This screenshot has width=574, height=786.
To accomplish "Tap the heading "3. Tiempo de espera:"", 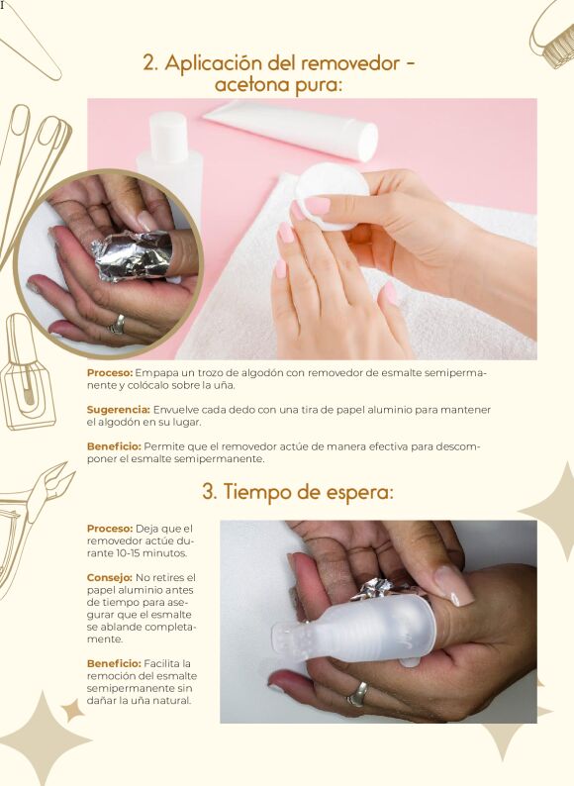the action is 298,492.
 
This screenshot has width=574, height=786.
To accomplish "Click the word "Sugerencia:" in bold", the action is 119,410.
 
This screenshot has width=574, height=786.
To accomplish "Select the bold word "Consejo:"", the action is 109,577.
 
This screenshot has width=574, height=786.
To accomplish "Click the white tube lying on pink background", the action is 291,131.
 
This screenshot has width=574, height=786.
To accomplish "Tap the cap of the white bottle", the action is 169,132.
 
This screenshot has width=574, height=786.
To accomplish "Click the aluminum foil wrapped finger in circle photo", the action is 133,254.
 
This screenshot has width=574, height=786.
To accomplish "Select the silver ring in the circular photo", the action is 118,325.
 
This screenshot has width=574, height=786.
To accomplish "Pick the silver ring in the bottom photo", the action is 358,694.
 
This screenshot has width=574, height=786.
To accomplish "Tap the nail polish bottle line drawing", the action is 26,373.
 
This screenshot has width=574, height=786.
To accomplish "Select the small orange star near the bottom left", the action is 73,711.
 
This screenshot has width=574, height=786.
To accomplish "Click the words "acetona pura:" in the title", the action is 278,86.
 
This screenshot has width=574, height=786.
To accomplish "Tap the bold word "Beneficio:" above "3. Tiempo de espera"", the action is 114,446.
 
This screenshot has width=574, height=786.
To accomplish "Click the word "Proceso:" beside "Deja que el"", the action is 110,529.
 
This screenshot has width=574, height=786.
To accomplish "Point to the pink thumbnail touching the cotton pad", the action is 317,206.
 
